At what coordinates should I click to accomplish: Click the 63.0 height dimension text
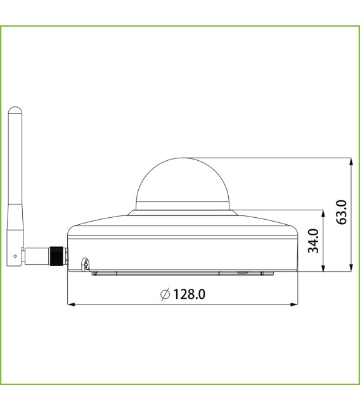point(342,212)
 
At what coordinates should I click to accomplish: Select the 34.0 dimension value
point(312,241)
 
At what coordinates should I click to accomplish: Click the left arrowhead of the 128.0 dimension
point(70,305)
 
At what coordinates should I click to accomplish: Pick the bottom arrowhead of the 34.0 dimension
point(324,268)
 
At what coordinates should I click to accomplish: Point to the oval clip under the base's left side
point(84,263)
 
